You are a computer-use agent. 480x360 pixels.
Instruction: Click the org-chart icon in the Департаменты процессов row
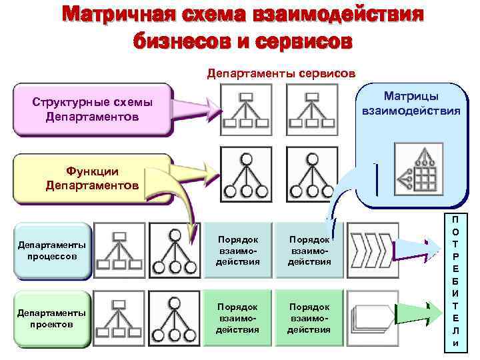(119, 249)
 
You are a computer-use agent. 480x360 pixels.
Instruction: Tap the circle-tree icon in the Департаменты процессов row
(175, 249)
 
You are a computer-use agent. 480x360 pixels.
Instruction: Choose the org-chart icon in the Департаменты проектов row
(119, 319)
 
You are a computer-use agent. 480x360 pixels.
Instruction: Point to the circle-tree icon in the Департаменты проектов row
(175, 319)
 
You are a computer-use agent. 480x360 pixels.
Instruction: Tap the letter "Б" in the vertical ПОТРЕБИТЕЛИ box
(455, 281)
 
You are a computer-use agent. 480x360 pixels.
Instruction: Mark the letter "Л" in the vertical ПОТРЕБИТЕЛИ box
(455, 331)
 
